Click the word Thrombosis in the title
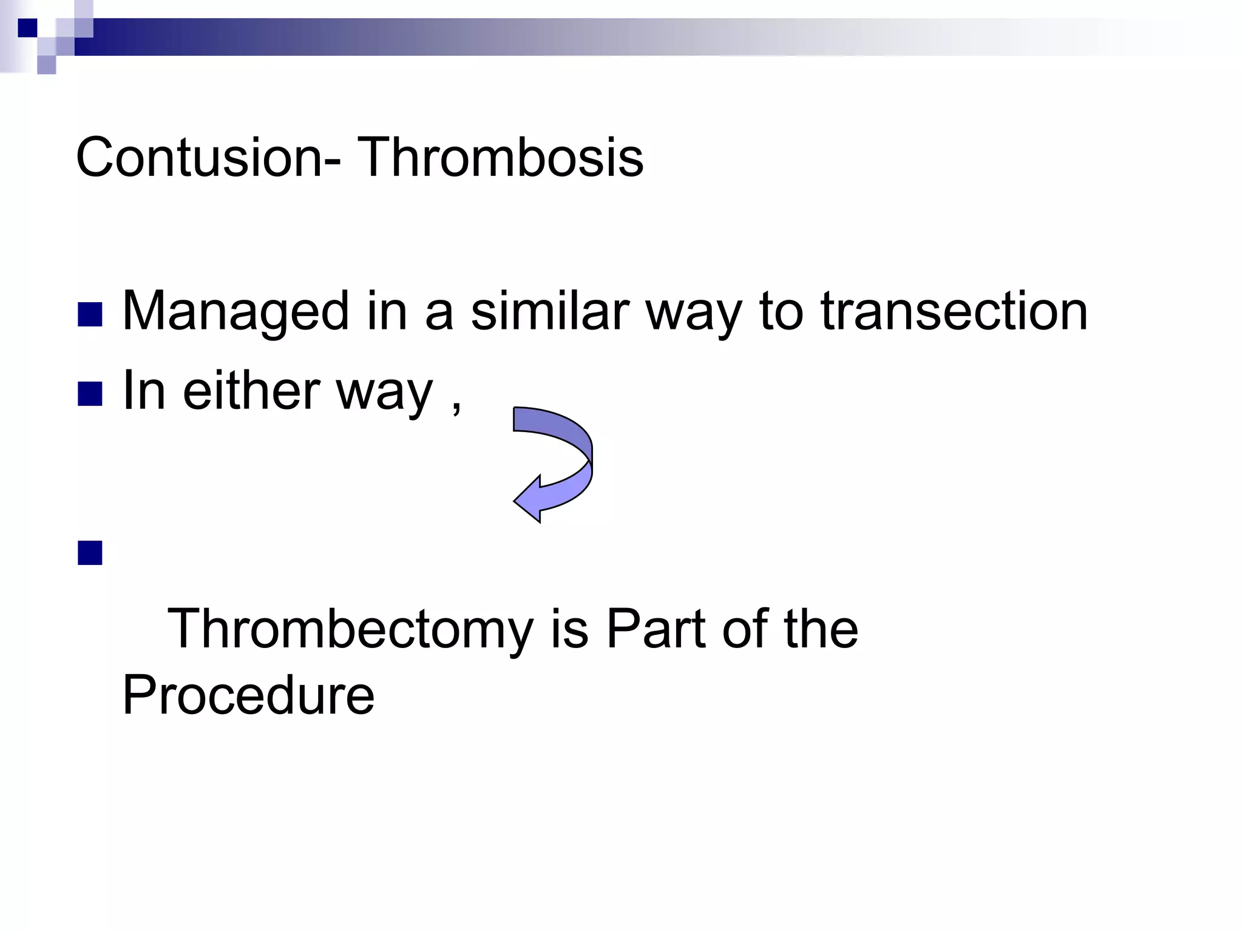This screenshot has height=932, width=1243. click(501, 157)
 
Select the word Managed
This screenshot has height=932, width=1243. click(235, 312)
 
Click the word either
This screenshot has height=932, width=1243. click(251, 391)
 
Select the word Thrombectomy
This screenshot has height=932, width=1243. click(350, 630)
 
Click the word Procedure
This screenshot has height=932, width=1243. click(248, 695)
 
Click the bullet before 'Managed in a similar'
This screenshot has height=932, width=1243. click(90, 314)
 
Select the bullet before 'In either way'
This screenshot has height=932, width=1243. click(90, 394)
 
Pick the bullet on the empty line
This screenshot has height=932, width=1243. click(90, 553)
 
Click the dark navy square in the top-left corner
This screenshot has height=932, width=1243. click(27, 28)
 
